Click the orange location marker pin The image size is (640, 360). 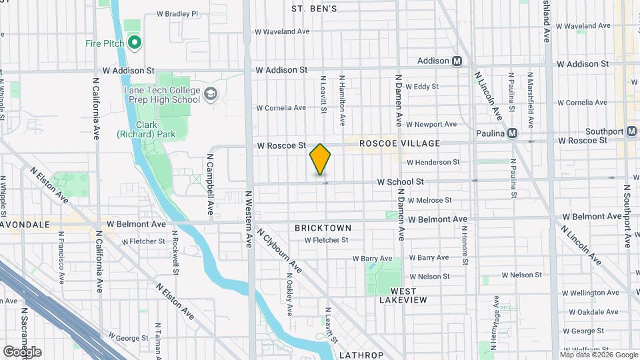point(321,159)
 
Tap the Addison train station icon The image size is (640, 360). point(457,61)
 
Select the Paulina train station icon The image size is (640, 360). point(512,133)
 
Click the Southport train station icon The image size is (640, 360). point(631,131)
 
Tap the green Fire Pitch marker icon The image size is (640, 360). point(135,43)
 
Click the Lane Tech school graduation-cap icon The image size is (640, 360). point(211,93)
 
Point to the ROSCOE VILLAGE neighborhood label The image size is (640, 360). point(399,143)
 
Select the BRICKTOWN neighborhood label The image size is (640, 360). point(323,228)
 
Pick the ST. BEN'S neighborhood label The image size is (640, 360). point(314,9)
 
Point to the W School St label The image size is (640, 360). point(400,181)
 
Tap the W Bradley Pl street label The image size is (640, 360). point(177,13)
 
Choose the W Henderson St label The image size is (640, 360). point(433,162)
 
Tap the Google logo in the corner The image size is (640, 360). point(22,351)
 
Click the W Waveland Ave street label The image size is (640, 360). point(283,31)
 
